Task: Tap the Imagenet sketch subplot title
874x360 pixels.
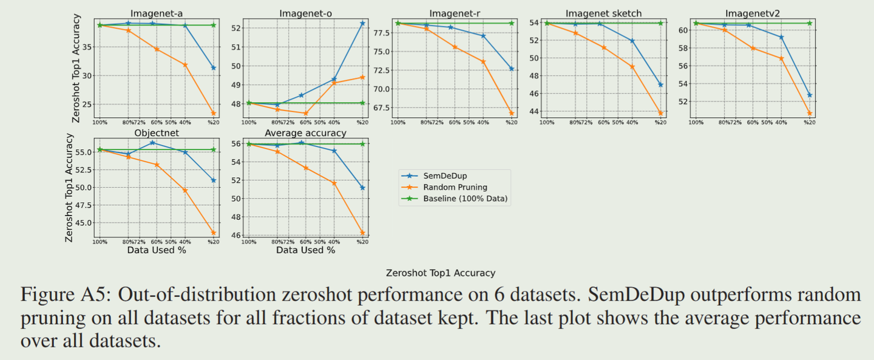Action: (603, 13)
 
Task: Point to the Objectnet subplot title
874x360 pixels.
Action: (156, 132)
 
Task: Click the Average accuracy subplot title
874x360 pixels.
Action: (305, 132)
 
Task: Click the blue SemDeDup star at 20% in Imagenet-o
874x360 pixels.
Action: (362, 23)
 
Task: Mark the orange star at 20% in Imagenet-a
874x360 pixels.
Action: (214, 113)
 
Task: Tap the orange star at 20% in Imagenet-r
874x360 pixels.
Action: (512, 113)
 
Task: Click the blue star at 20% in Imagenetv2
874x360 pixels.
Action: (810, 95)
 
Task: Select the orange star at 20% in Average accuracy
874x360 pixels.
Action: (362, 233)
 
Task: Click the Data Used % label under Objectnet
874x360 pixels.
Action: (157, 250)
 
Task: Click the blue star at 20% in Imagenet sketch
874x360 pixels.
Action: (660, 84)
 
